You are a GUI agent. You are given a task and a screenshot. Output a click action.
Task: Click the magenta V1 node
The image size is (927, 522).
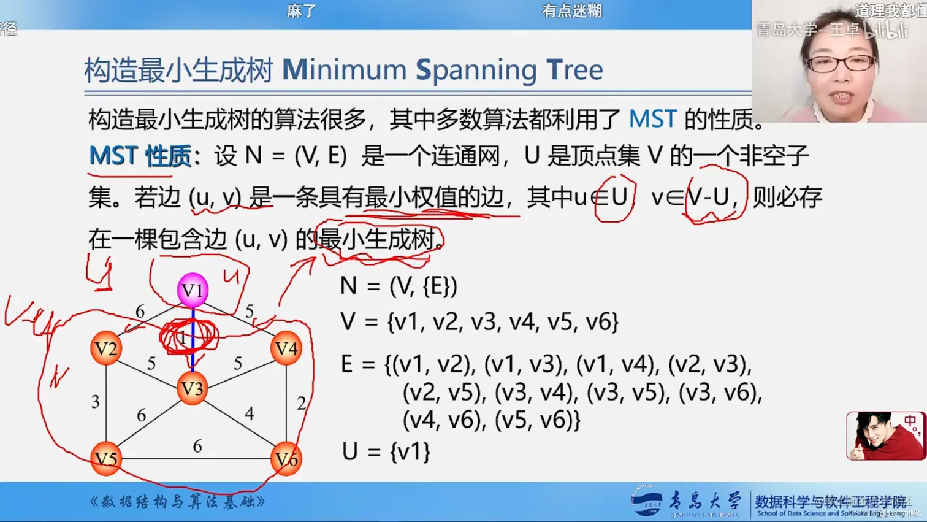pos(193,290)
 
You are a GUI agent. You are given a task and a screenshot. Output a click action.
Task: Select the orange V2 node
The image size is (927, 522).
pos(106,348)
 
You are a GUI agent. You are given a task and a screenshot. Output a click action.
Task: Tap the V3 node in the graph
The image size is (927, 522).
pos(192,388)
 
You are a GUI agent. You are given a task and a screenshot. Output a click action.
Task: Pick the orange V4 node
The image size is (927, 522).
pos(286,348)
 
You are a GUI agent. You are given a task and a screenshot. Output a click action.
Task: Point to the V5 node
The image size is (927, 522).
pos(106,459)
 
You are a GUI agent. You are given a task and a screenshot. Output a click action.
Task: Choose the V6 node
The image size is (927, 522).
pos(286,459)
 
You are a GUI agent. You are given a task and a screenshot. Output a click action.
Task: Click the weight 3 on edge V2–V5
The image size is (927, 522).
pos(95,402)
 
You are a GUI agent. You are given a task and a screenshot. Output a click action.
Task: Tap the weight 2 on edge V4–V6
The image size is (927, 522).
pos(301,403)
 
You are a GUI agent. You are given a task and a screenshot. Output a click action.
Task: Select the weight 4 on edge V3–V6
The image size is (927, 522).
pos(249,414)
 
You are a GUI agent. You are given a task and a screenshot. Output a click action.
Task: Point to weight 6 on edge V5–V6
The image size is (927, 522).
pos(197,446)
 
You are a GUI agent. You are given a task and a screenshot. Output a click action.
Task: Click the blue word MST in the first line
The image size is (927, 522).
pos(652,119)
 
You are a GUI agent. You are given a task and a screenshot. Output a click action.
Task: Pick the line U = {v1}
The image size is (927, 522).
pos(386,452)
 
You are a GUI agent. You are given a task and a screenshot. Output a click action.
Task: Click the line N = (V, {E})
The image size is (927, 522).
pos(399,286)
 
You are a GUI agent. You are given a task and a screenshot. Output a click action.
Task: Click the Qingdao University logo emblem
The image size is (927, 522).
pos(647,502)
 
